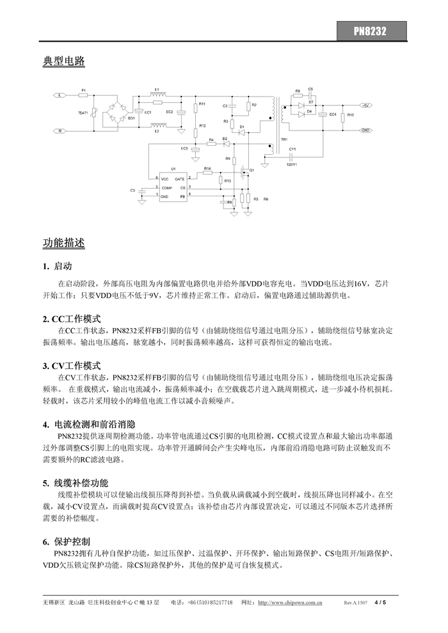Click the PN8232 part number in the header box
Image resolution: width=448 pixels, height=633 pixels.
371,30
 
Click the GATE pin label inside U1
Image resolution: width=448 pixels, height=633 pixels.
180,179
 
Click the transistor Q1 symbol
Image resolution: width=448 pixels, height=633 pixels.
243,171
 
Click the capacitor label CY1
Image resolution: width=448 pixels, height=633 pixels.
292,148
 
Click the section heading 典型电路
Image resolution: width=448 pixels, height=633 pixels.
64,61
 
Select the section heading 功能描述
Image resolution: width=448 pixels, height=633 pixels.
64,243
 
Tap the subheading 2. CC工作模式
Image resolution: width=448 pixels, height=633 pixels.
72,318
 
